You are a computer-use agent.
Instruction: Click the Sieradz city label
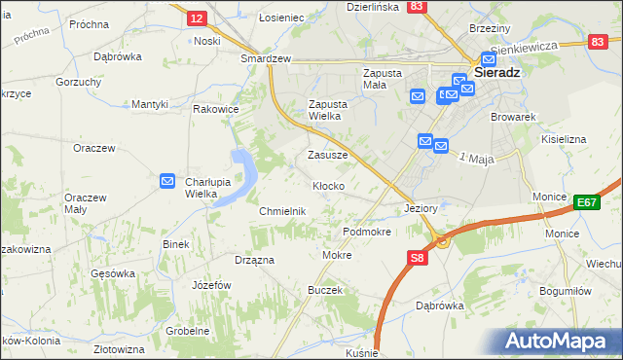[x=499, y=72]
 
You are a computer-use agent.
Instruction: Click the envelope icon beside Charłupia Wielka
[x=167, y=181]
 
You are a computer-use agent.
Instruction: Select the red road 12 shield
[x=196, y=18]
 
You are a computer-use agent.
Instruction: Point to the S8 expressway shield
[x=416, y=258]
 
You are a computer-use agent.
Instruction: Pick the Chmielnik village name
[x=283, y=211]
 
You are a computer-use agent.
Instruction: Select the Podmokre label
[x=367, y=233]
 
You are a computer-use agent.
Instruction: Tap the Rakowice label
[x=216, y=109]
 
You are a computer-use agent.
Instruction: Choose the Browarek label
[x=515, y=117]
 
